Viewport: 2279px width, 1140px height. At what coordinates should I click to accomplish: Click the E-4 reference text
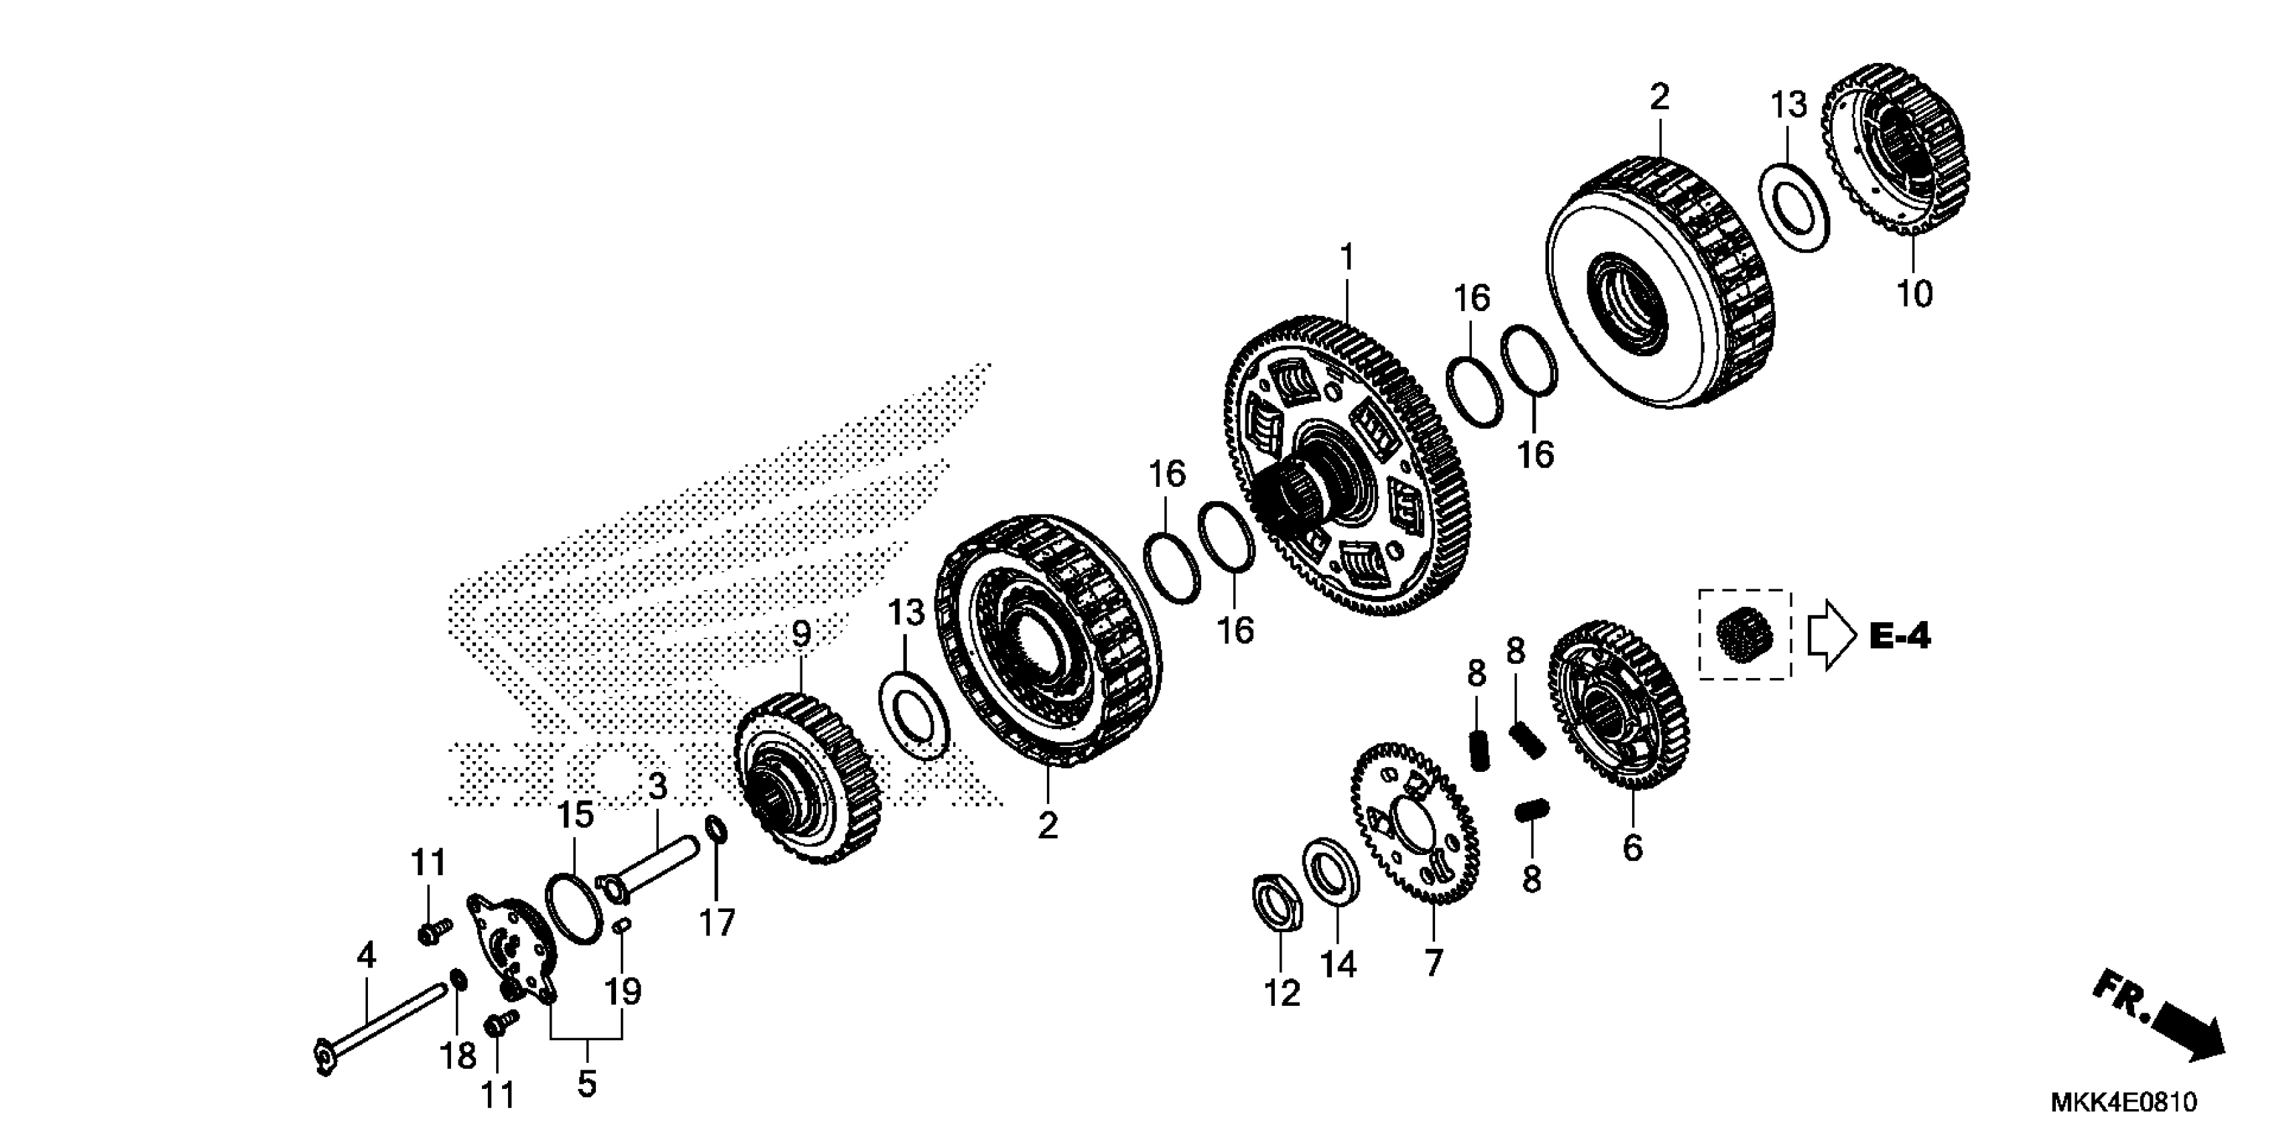pos(1900,636)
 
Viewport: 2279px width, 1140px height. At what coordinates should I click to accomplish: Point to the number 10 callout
pos(1914,294)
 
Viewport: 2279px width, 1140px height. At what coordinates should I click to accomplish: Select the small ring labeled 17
pos(717,832)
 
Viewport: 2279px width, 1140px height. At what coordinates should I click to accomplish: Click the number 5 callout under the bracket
pos(587,1084)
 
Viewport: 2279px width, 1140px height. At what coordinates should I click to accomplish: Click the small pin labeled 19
pos(621,927)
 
